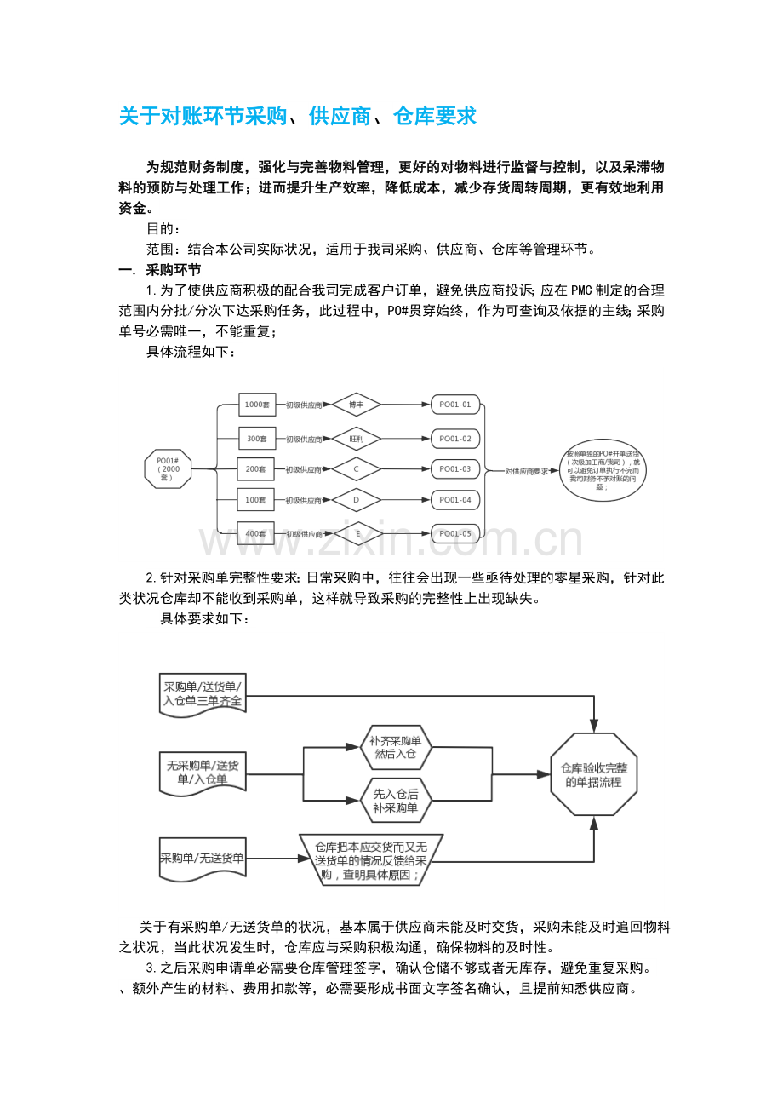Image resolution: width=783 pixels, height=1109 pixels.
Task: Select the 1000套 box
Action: pyautogui.click(x=256, y=405)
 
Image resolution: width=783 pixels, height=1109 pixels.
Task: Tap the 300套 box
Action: pyautogui.click(x=256, y=439)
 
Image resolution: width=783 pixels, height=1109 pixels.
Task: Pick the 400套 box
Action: pyautogui.click(x=255, y=534)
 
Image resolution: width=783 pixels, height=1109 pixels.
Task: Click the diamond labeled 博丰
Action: pyautogui.click(x=356, y=405)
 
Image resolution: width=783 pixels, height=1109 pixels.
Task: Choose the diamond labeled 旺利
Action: pyautogui.click(x=356, y=439)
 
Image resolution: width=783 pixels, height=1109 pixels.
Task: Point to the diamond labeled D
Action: pyautogui.click(x=356, y=500)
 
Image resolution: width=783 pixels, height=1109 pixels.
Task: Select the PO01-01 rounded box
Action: pyautogui.click(x=455, y=405)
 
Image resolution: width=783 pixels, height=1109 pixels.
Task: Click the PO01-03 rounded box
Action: pyautogui.click(x=455, y=469)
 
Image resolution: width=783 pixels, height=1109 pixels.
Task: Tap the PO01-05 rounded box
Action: pyautogui.click(x=455, y=534)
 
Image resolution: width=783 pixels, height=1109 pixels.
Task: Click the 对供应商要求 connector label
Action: pyautogui.click(x=527, y=470)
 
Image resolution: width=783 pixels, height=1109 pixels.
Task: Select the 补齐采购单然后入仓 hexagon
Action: pyautogui.click(x=396, y=747)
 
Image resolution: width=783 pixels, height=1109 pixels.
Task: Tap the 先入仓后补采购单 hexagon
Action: pyautogui.click(x=396, y=801)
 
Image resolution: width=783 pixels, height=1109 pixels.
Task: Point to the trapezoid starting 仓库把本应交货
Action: pyautogui.click(x=371, y=860)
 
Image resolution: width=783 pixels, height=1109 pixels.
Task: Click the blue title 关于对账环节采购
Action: pyautogui.click(x=297, y=116)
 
